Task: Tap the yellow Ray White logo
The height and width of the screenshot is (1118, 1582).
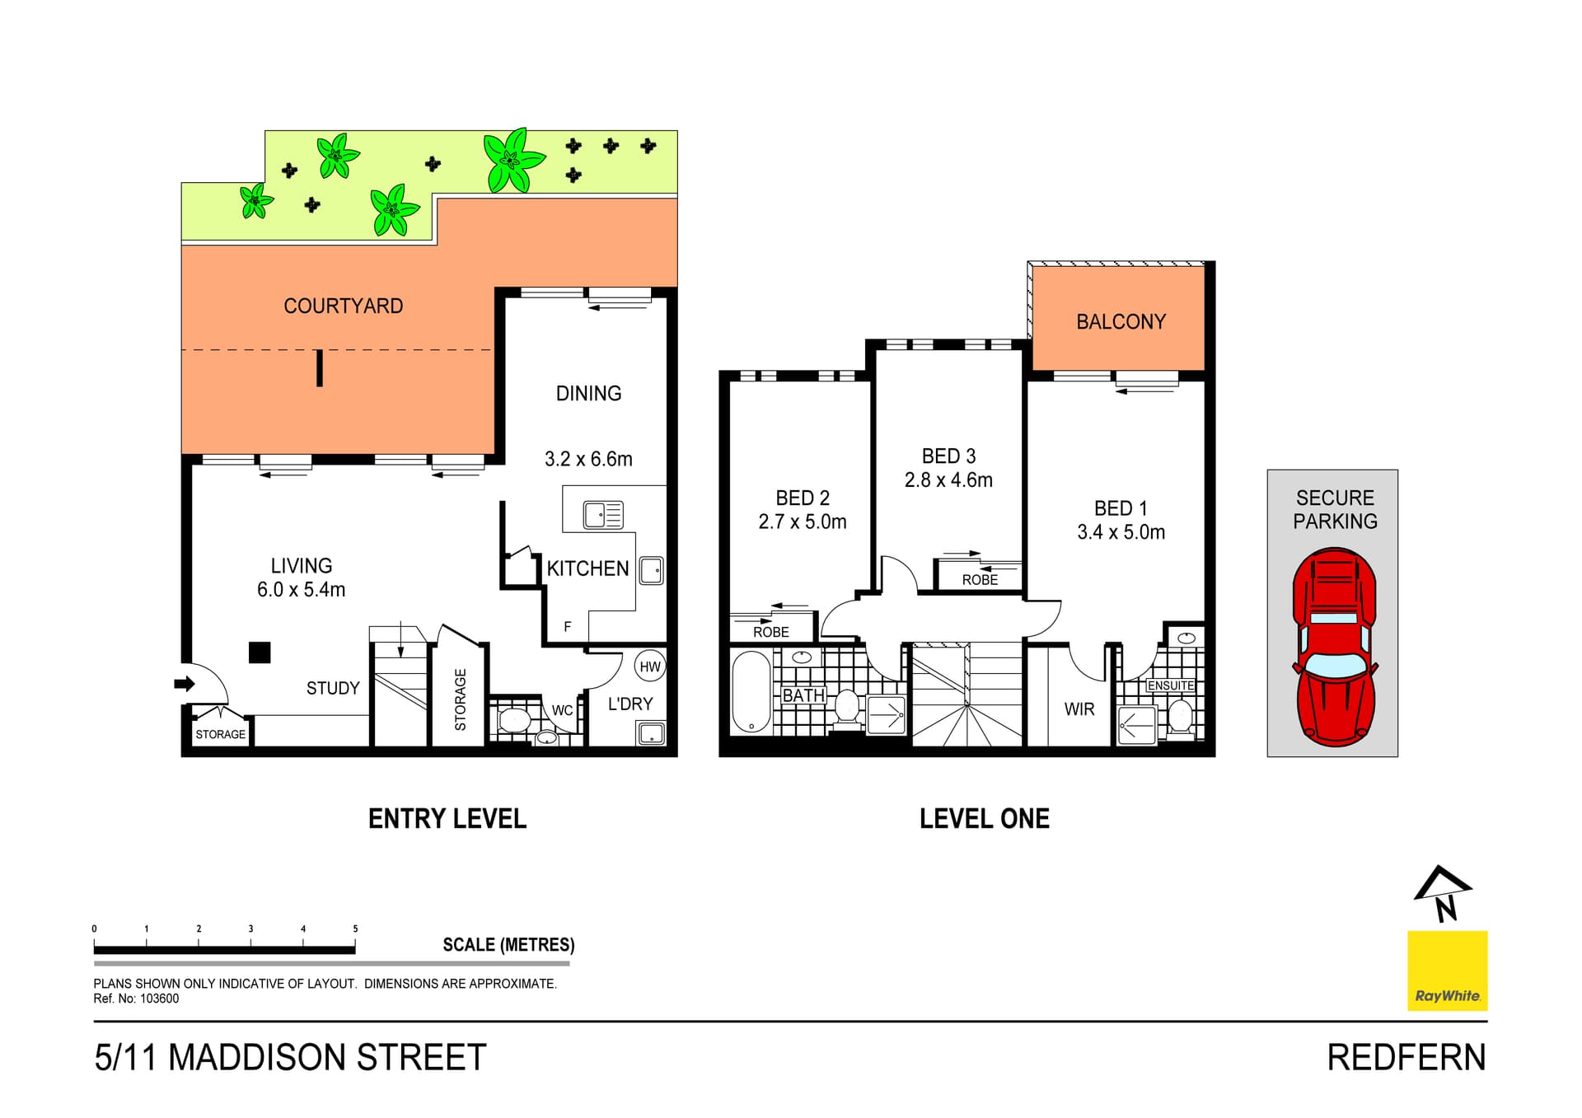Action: (x=1447, y=971)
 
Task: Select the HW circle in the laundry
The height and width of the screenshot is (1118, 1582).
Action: (x=650, y=667)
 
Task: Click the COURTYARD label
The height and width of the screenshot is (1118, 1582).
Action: (x=344, y=306)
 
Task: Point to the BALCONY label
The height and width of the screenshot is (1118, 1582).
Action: (x=1121, y=322)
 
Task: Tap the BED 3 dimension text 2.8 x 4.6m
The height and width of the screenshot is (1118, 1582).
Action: (x=948, y=480)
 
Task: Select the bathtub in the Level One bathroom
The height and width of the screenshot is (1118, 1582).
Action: (x=751, y=692)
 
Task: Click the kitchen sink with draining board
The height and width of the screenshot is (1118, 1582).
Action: (x=603, y=515)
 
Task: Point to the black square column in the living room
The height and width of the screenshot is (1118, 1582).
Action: (x=260, y=653)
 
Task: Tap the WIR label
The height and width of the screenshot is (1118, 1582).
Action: (x=1079, y=709)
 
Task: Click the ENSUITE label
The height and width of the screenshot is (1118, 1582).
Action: (x=1170, y=685)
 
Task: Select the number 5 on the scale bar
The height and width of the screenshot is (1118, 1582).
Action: (x=355, y=929)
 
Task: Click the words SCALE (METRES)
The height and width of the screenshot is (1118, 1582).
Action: (x=508, y=945)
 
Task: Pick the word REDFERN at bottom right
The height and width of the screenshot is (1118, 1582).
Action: (x=1406, y=1058)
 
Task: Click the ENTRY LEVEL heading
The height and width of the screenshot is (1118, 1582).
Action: (x=447, y=819)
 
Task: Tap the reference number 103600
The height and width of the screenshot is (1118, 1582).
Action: (x=159, y=999)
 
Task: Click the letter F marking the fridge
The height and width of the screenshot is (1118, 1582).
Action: (x=568, y=627)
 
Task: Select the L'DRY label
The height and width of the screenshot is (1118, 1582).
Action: (x=630, y=704)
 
